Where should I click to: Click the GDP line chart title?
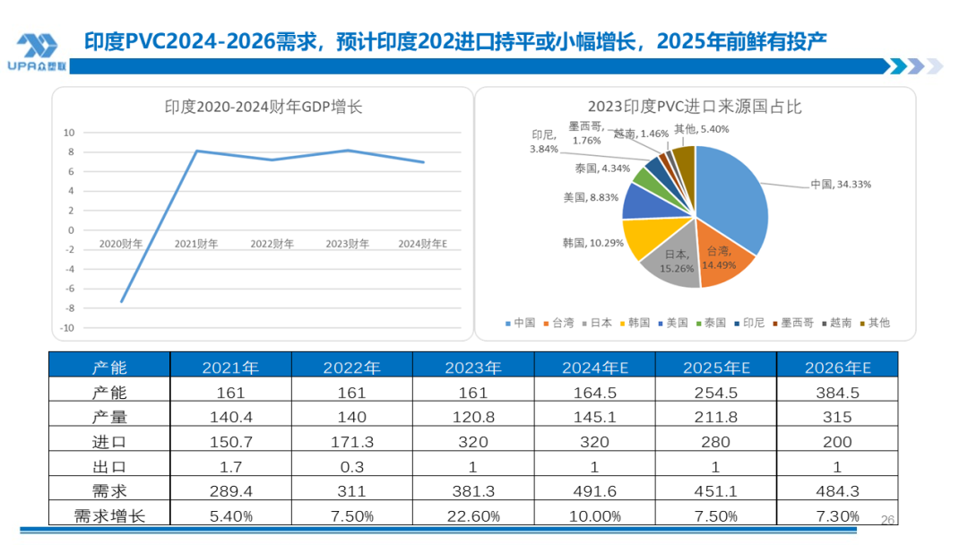pyautogui.click(x=263, y=108)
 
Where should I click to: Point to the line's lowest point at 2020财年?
pyautogui.click(x=122, y=302)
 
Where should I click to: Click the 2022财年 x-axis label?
pyautogui.click(x=272, y=244)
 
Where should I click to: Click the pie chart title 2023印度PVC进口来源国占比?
pyautogui.click(x=695, y=108)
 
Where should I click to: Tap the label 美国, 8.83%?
pyautogui.click(x=591, y=197)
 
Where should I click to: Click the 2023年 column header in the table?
pyautogui.click(x=472, y=368)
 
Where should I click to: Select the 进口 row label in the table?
pyautogui.click(x=109, y=442)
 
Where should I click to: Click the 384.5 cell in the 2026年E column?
pyautogui.click(x=836, y=393)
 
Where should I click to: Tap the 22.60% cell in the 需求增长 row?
pyautogui.click(x=472, y=516)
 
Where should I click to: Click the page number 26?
pyautogui.click(x=888, y=520)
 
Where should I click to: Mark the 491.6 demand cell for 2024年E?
pyautogui.click(x=594, y=491)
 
